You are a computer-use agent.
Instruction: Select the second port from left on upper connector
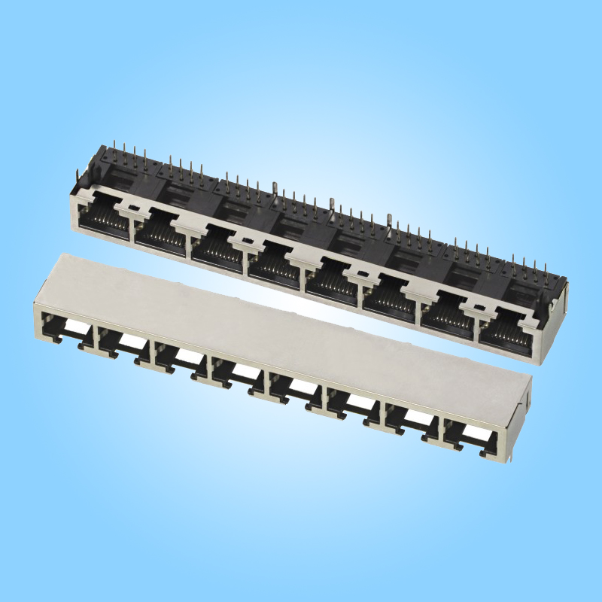coord(160,236)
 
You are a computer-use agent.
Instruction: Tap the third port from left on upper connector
coord(217,249)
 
